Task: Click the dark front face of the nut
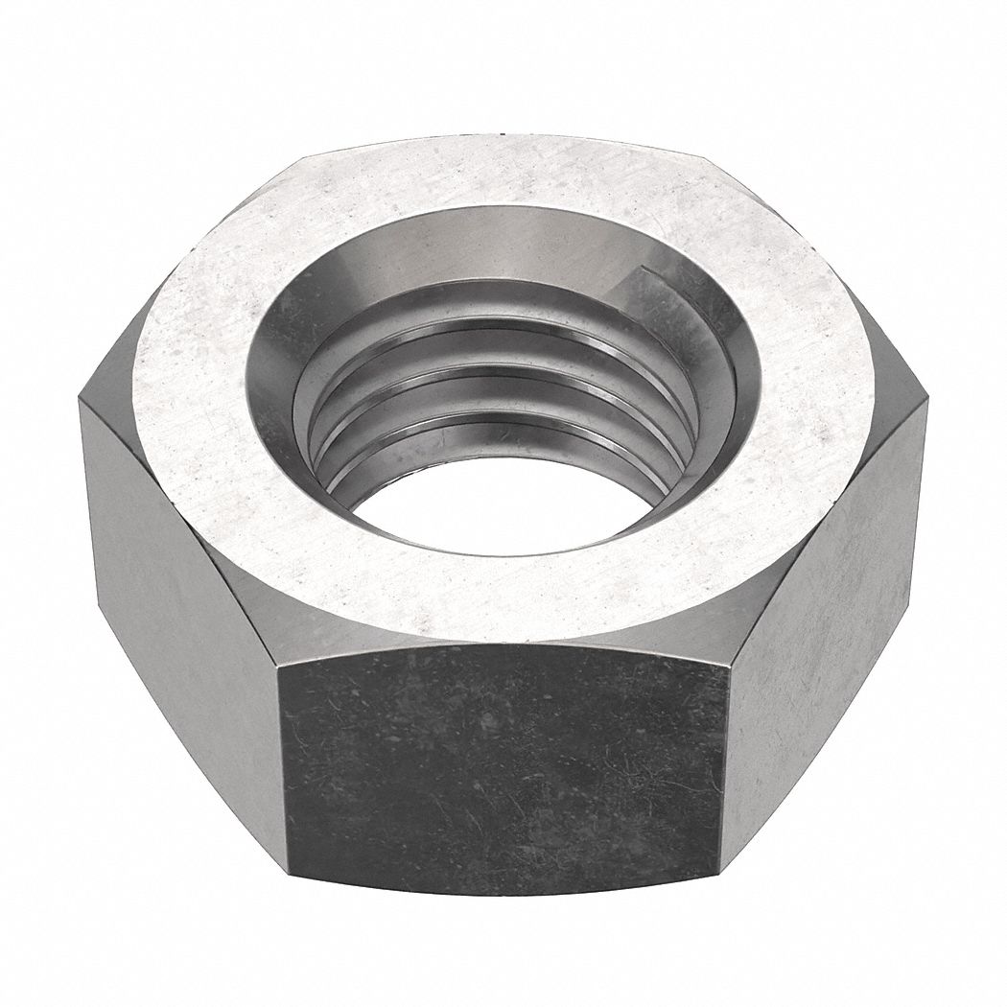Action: [503, 767]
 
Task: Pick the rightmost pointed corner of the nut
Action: [926, 403]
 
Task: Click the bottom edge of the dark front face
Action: [503, 892]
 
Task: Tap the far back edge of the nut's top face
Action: [503, 139]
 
